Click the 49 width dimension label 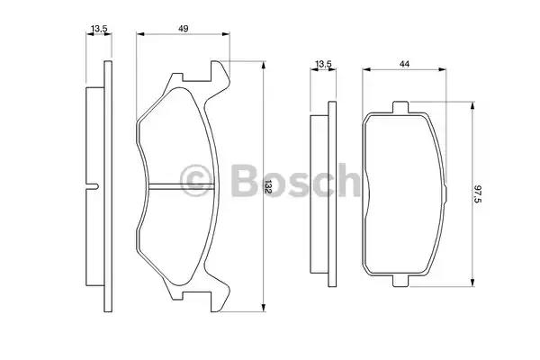point(184,29)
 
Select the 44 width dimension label point(404,64)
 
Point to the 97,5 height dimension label point(477,194)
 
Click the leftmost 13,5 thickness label point(99,29)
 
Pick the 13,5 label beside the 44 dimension point(323,64)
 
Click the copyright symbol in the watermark point(196,181)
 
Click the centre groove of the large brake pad point(182,186)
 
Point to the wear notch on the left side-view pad point(93,186)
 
